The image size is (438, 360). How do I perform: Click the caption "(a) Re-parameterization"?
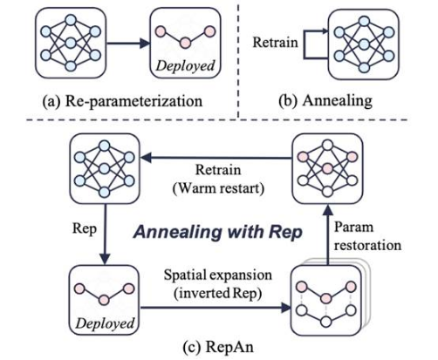click(x=122, y=101)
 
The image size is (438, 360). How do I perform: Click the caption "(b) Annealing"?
click(x=325, y=101)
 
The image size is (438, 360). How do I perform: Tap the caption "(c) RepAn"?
click(x=218, y=347)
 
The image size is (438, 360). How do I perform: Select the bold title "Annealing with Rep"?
click(x=218, y=233)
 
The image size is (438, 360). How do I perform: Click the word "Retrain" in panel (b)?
click(x=275, y=43)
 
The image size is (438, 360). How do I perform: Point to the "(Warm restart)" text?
click(x=218, y=189)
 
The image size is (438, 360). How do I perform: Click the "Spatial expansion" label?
click(x=218, y=275)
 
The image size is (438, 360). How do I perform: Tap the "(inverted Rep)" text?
click(x=218, y=294)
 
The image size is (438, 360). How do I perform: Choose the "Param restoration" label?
click(x=367, y=236)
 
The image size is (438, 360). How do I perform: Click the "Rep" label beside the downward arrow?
click(x=85, y=228)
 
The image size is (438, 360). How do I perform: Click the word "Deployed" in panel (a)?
click(x=185, y=65)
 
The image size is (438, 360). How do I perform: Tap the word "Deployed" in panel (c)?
click(x=105, y=323)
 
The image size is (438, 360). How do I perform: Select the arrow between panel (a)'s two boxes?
click(x=128, y=44)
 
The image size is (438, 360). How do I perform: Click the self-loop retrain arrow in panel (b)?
click(x=305, y=44)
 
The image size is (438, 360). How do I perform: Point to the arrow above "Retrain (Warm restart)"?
click(x=216, y=158)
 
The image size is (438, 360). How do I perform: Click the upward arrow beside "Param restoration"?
click(x=328, y=234)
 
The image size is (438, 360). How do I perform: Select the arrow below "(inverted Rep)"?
click(x=216, y=308)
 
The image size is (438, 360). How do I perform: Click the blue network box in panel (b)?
click(x=364, y=44)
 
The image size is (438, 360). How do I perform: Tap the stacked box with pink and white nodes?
click(x=329, y=298)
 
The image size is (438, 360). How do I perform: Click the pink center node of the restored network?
click(x=327, y=168)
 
